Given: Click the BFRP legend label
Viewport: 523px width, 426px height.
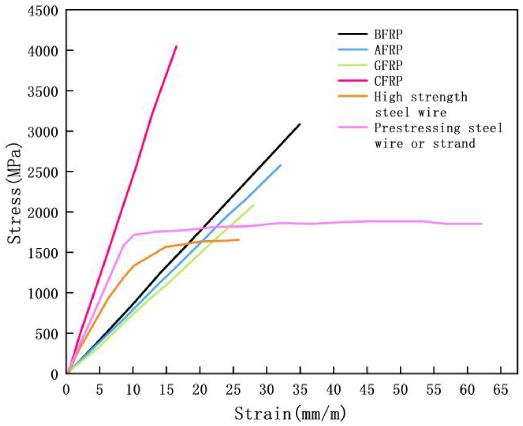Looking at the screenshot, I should pyautogui.click(x=388, y=34).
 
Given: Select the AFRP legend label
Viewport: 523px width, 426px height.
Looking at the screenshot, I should pyautogui.click(x=388, y=50).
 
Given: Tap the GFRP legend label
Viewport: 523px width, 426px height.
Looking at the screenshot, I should pyautogui.click(x=388, y=65).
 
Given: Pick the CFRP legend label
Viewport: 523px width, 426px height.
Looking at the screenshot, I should pyautogui.click(x=388, y=81).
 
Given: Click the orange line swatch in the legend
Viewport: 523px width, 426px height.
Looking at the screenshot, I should pyautogui.click(x=353, y=96).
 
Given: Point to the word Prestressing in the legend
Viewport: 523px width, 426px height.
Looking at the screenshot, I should pyautogui.click(x=417, y=128).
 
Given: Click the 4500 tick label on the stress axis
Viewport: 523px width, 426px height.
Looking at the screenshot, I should pyautogui.click(x=43, y=12).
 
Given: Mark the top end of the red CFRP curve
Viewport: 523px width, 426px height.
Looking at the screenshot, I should pyautogui.click(x=177, y=46).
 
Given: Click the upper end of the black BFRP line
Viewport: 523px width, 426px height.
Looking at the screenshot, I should pyautogui.click(x=300, y=124).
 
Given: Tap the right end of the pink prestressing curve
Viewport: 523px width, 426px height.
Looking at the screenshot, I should pyautogui.click(x=481, y=224).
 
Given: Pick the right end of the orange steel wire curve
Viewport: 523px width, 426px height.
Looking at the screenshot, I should pyautogui.click(x=239, y=240).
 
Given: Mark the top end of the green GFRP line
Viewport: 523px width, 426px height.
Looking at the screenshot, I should pyautogui.click(x=253, y=205).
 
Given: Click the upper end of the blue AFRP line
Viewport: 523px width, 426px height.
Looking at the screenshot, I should pyautogui.click(x=281, y=165).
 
